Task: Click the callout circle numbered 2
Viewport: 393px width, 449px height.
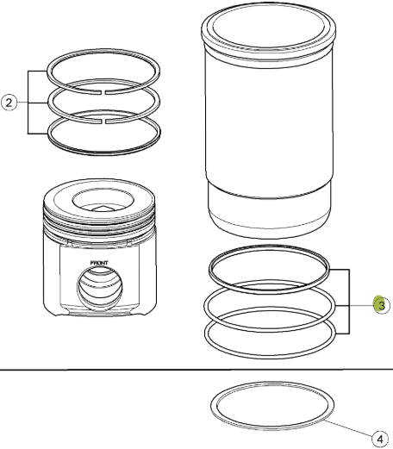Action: pos(9,103)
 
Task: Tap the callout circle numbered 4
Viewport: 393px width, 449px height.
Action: pos(380,440)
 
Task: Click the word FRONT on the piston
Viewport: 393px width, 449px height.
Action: pos(99,263)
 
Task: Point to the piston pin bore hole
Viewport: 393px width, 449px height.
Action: pos(99,288)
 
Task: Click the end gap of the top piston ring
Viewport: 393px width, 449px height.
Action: pos(103,92)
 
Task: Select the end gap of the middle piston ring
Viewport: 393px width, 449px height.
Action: pos(103,122)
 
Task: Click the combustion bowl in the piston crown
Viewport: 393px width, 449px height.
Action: pos(103,200)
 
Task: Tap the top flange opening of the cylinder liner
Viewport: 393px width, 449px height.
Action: pos(269,27)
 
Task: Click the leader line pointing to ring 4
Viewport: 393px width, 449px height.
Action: pos(349,428)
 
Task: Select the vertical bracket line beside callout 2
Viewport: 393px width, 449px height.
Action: pos(28,103)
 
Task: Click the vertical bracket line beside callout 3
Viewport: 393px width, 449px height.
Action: pos(349,302)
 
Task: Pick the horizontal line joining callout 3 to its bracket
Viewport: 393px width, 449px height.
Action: pos(361,305)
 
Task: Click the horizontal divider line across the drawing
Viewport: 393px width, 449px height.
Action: pos(196,370)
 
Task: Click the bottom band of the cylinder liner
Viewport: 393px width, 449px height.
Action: pos(270,214)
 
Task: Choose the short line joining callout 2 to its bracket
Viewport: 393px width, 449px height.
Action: pos(22,103)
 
